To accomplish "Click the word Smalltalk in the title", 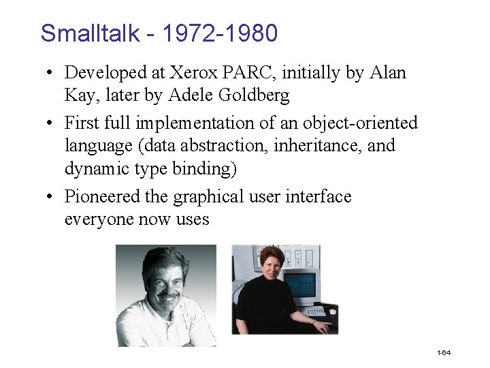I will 91,33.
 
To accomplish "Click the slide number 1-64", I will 444,352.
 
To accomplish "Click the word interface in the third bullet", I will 321,197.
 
